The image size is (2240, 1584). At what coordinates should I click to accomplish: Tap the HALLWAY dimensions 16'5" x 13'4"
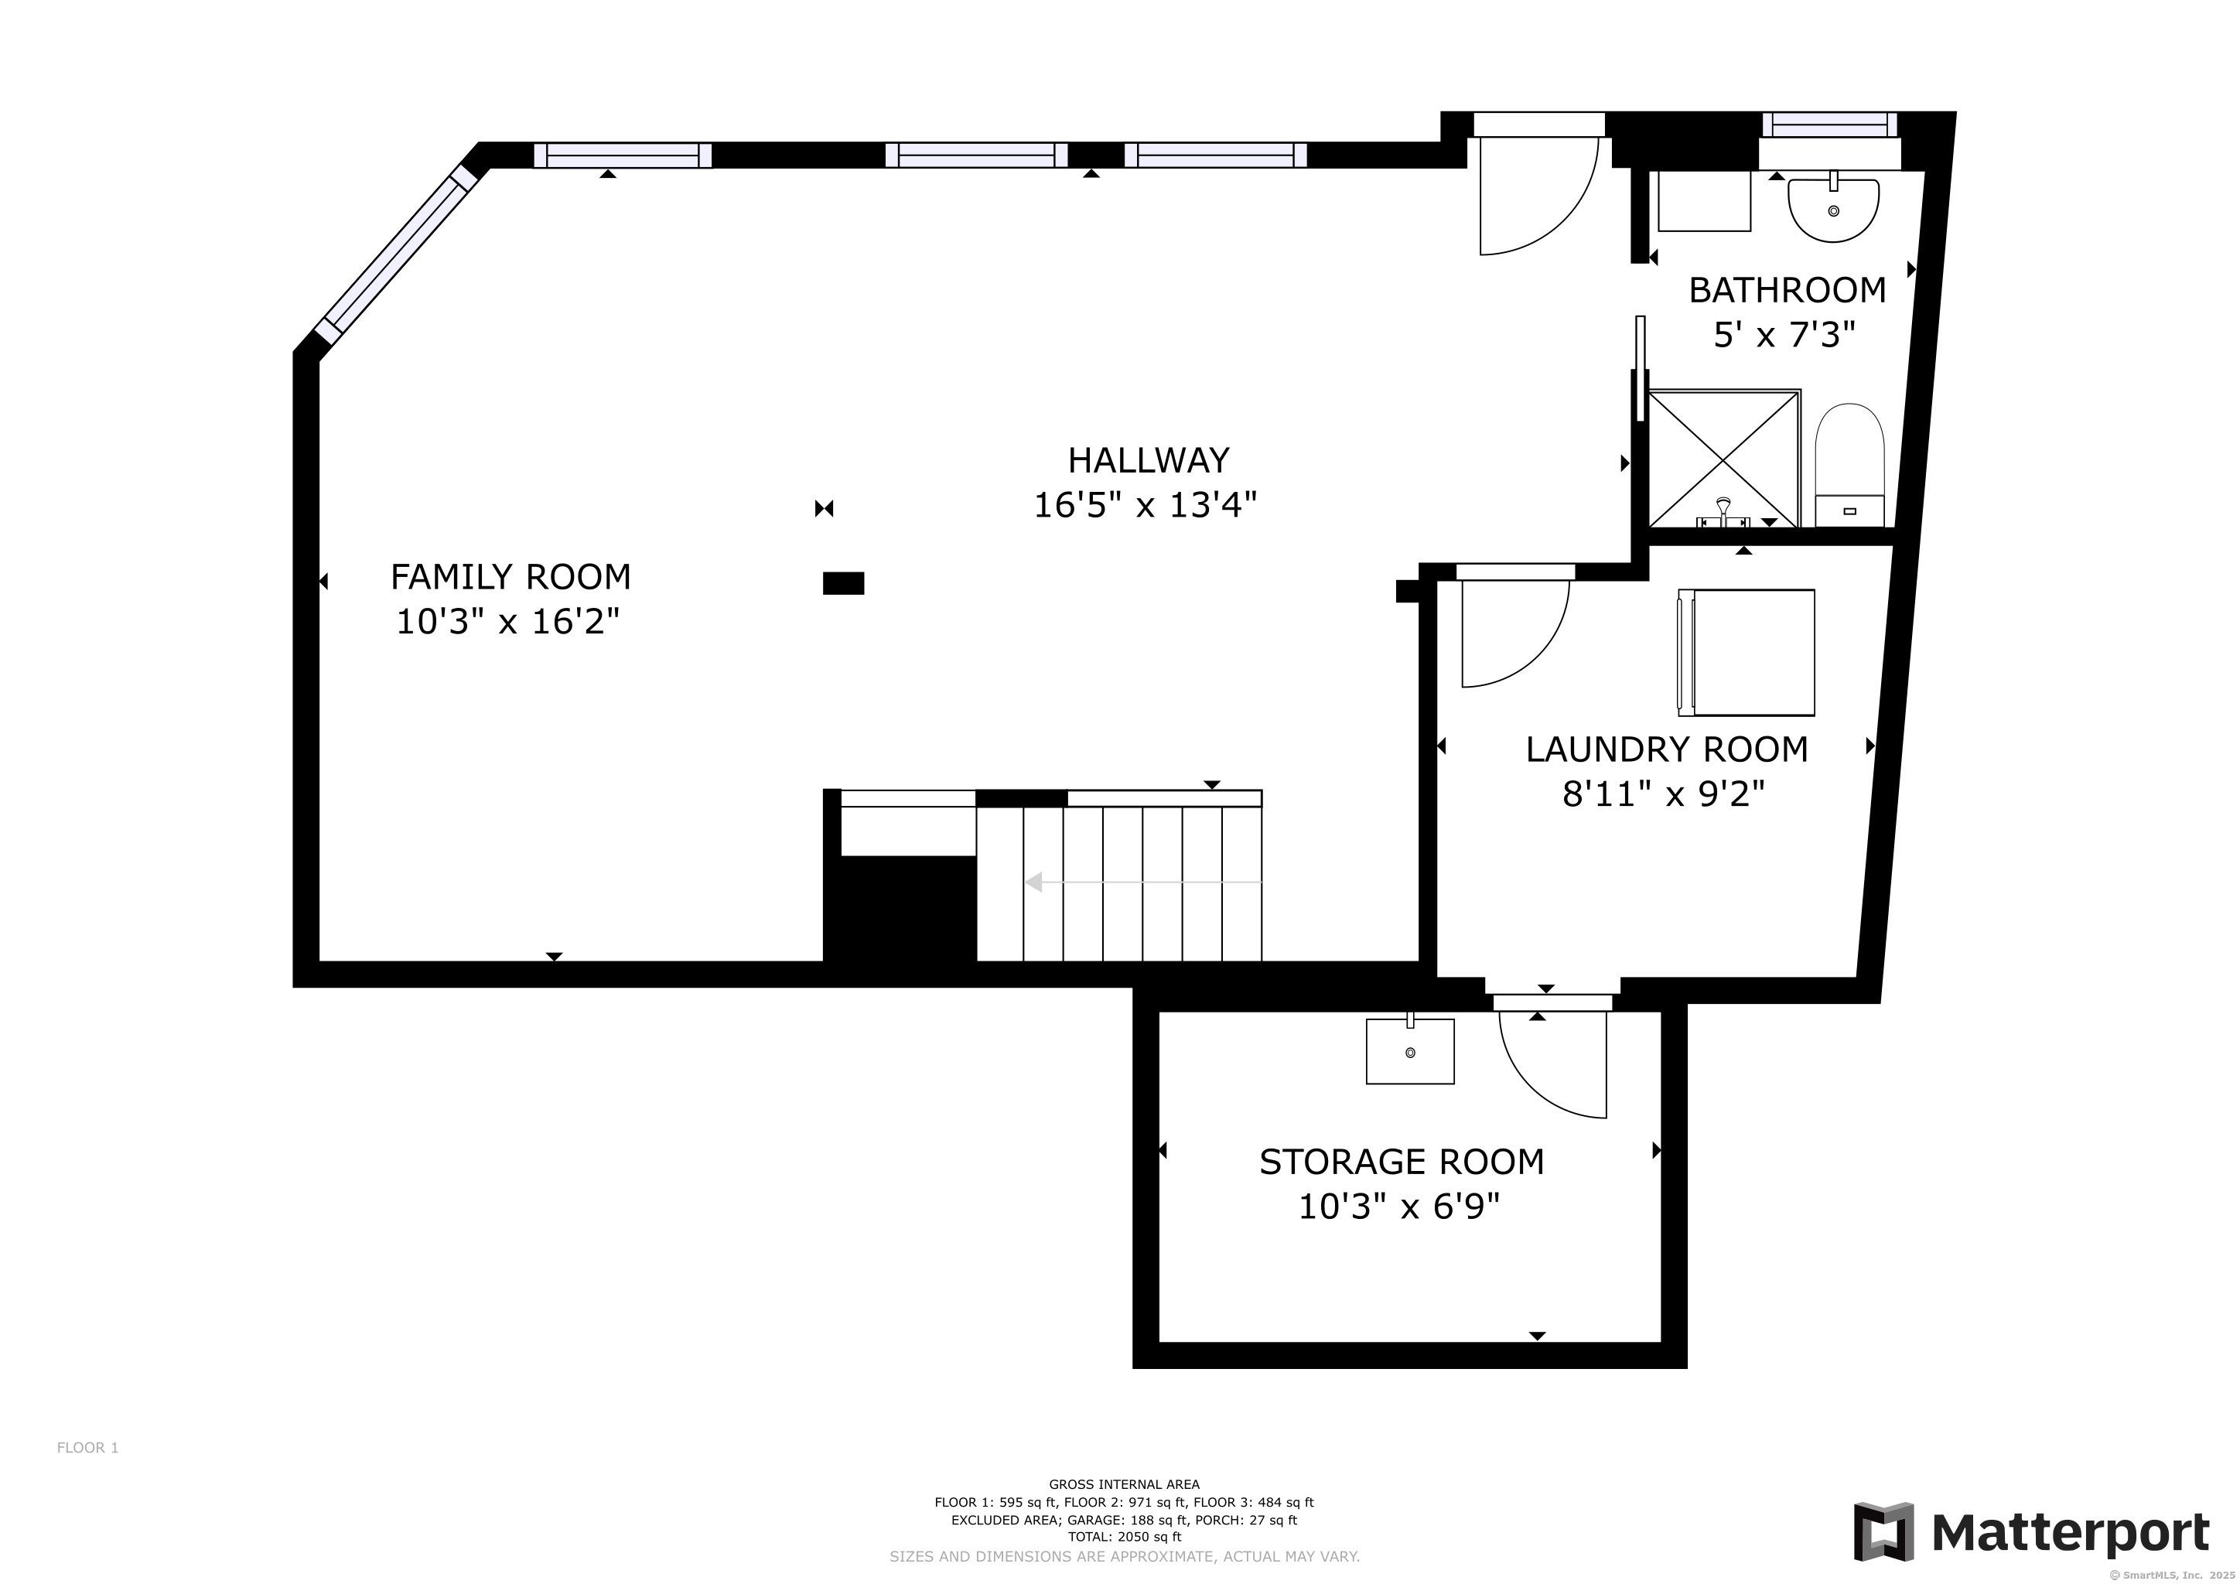point(1146,505)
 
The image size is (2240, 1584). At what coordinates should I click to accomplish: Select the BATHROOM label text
point(1788,290)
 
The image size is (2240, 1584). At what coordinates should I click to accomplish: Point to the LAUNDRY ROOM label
point(1666,749)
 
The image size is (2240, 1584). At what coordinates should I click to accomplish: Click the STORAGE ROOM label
point(1401,1162)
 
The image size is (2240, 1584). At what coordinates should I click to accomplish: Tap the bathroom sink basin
point(1833,208)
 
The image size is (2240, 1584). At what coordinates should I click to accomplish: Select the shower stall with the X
point(1724,459)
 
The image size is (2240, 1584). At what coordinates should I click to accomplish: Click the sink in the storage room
point(1410,1050)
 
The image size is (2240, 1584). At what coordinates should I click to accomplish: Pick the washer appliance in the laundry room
point(1746,653)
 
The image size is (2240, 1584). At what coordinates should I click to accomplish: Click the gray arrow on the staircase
point(1143,882)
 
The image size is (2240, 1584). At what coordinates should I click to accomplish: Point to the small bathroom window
point(1829,125)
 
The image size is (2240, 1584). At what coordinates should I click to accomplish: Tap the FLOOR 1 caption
point(88,1447)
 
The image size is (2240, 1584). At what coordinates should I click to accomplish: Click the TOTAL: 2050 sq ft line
point(1124,1537)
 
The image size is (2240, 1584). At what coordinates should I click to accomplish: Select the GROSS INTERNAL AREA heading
point(1124,1484)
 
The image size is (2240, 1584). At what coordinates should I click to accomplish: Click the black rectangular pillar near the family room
point(844,583)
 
